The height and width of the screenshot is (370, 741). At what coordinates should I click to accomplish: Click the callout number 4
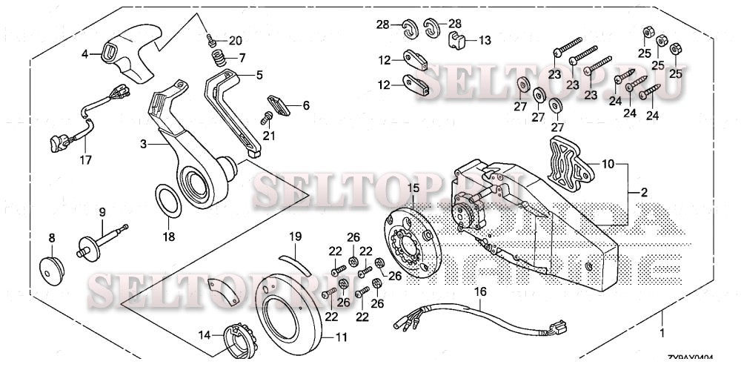pos(84,53)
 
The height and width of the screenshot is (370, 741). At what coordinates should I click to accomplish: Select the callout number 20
pos(235,40)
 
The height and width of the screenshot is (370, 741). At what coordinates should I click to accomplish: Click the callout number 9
pos(102,211)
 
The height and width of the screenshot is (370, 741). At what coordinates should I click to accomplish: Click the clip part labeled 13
pos(458,39)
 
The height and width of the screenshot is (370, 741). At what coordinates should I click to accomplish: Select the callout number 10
pos(608,162)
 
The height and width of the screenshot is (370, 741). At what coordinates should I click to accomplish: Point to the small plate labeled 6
pos(277,105)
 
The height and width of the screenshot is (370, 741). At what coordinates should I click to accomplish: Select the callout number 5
pos(259,75)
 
